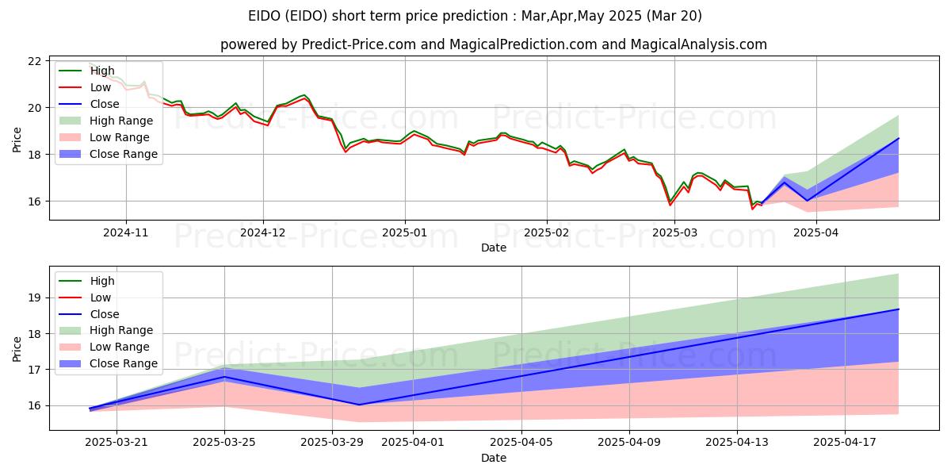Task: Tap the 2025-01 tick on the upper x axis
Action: click(x=405, y=232)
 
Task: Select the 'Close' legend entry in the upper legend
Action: click(x=105, y=104)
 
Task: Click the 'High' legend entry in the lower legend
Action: click(x=101, y=281)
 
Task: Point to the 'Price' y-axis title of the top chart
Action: click(x=17, y=140)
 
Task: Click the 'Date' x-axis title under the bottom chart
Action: click(x=495, y=458)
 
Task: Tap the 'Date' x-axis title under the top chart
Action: click(x=495, y=248)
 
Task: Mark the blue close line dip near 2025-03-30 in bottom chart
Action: click(x=359, y=405)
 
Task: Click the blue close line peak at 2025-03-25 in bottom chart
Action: click(x=224, y=377)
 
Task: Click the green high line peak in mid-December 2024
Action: click(x=304, y=95)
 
